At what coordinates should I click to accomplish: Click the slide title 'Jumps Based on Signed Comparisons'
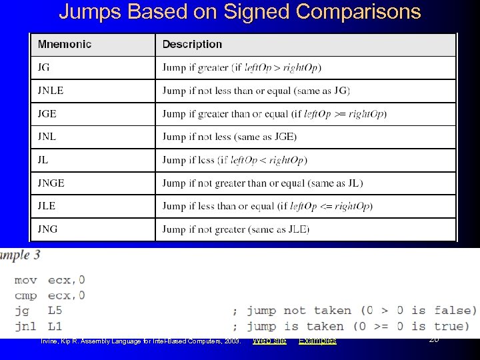[240, 12]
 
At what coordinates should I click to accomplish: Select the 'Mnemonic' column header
[65, 45]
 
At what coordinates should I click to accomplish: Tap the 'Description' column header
[192, 45]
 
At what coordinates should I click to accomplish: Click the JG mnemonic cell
[44, 67]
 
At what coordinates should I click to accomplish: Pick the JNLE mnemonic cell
[51, 91]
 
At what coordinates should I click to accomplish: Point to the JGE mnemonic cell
[47, 113]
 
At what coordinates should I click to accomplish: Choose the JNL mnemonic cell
[47, 137]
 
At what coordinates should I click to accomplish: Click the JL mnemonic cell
[43, 160]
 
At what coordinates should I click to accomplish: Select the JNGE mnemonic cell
[51, 183]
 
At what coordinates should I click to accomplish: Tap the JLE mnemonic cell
[47, 206]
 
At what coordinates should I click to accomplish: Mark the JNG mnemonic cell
[47, 229]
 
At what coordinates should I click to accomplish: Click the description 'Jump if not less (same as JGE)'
[229, 137]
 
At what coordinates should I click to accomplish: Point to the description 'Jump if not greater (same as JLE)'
[235, 229]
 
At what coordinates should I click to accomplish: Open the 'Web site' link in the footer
[269, 341]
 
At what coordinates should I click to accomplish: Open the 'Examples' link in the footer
[317, 341]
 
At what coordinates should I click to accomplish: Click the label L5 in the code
[55, 311]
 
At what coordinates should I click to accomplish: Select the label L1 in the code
[55, 326]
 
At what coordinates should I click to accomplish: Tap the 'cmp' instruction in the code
[25, 295]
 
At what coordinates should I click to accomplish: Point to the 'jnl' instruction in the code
[25, 326]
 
